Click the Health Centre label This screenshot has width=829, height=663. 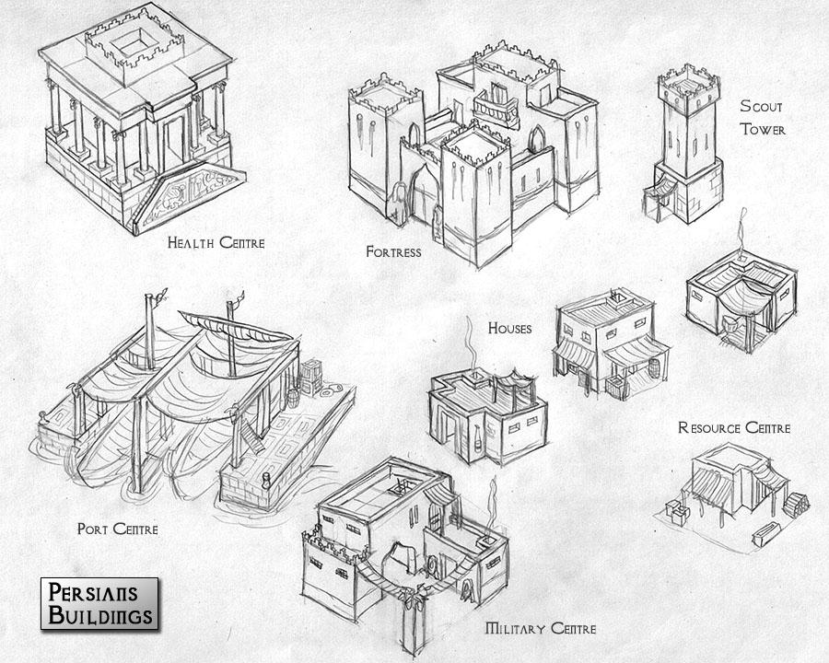(x=216, y=243)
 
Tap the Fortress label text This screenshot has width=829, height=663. (x=394, y=251)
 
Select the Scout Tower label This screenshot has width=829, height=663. (x=763, y=117)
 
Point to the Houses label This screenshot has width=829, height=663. (x=509, y=329)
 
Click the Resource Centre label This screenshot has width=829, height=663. (x=734, y=427)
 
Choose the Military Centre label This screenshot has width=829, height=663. (x=541, y=629)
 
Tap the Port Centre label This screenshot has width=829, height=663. (x=117, y=529)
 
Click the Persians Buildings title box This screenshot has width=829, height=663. (x=99, y=604)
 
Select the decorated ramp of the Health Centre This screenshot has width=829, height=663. (x=188, y=195)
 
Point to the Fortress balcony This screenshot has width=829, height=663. (x=495, y=109)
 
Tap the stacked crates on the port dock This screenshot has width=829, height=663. (x=311, y=376)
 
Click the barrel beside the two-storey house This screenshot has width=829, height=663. (x=655, y=368)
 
